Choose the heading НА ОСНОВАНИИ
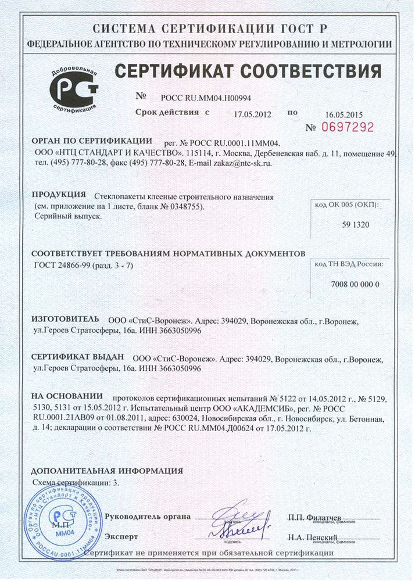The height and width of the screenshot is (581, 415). [x=67, y=396]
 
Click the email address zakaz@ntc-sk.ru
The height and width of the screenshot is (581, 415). [x=245, y=164]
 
